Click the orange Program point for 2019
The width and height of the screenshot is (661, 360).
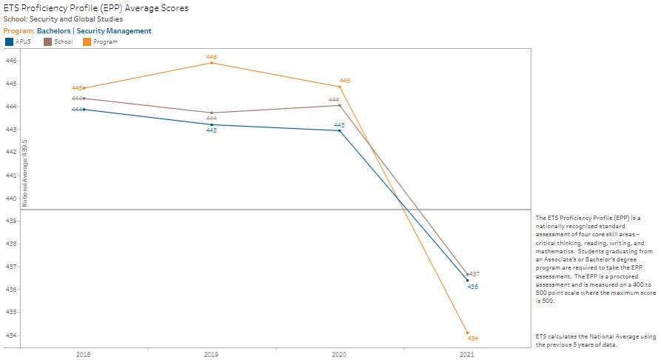[x=212, y=63]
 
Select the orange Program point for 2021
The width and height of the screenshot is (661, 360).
[x=468, y=333]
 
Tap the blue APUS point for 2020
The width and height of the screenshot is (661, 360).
[x=340, y=130]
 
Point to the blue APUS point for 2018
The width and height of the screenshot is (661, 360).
[x=84, y=110]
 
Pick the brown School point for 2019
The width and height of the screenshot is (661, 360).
[x=212, y=113]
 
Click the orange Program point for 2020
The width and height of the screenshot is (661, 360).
[x=340, y=87]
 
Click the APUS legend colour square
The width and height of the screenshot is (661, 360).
[x=9, y=41]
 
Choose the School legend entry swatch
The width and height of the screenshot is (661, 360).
[x=48, y=41]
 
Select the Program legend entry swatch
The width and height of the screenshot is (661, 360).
[x=87, y=41]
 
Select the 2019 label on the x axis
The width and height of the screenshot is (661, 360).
[x=212, y=355]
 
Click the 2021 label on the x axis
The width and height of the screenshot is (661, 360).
[x=467, y=355]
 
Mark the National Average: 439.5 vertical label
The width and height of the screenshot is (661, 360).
[x=25, y=172]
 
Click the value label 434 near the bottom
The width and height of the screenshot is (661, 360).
[x=473, y=339]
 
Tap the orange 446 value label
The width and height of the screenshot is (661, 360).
[x=212, y=57]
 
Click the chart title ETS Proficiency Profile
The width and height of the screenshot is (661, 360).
[x=96, y=8]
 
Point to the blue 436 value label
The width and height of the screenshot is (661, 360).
[x=473, y=286]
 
